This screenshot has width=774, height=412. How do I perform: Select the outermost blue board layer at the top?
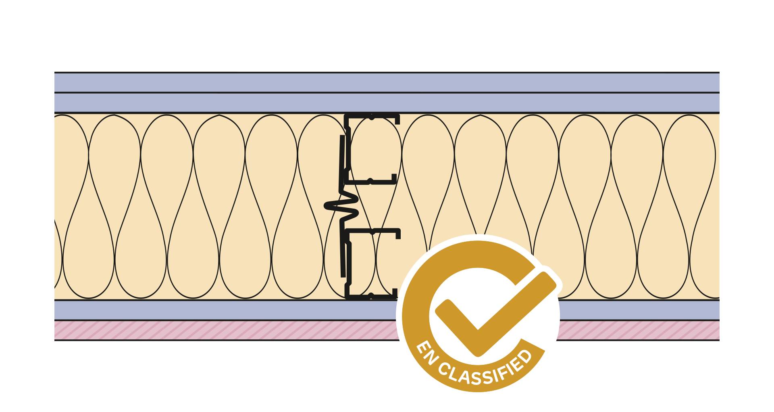click(242, 83)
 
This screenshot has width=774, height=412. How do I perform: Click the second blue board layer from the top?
click(242, 103)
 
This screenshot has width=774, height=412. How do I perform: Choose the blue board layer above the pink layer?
click(242, 310)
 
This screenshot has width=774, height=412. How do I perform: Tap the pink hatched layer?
click(242, 330)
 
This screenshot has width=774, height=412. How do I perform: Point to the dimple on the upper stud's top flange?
click(372, 117)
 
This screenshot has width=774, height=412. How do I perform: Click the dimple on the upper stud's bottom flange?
click(370, 181)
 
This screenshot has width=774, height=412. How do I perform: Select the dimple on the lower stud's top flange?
click(372, 232)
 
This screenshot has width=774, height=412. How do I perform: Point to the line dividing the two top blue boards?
click(242, 93)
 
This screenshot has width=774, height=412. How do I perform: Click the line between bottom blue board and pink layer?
click(242, 320)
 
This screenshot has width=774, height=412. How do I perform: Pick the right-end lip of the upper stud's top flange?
click(397, 119)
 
